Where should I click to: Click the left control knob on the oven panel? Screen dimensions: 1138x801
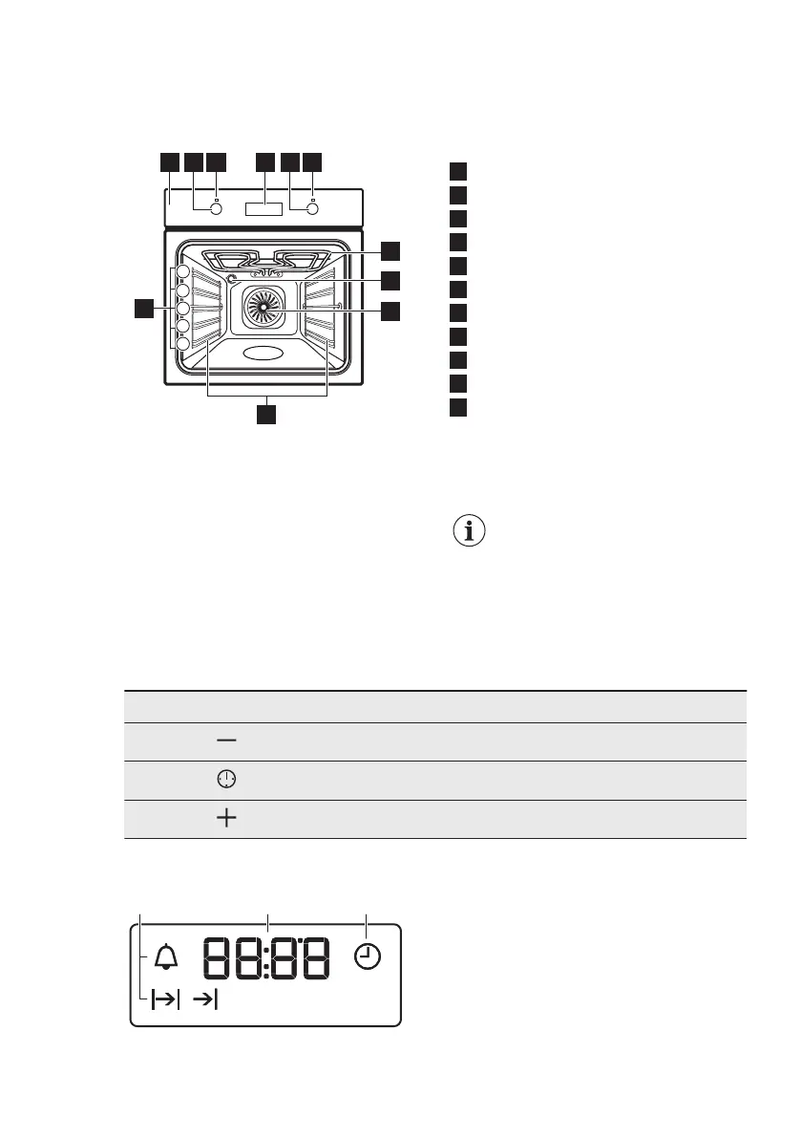pos(216,210)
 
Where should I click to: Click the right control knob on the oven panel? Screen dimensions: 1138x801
pos(312,210)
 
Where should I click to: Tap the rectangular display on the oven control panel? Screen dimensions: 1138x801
pos(263,209)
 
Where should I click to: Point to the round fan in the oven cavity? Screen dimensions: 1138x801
pos(263,308)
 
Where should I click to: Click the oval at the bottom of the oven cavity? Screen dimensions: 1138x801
pos(263,354)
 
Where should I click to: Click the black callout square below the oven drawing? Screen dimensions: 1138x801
pos(265,414)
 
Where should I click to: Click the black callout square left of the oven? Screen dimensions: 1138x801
pos(143,308)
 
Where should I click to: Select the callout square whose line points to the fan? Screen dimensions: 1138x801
pos(390,311)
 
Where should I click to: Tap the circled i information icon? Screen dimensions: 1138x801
pos(468,532)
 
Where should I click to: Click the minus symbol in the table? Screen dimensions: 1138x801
pos(226,741)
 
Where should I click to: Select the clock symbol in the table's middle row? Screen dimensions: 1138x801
pos(226,780)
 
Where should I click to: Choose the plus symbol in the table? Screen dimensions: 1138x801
pos(226,819)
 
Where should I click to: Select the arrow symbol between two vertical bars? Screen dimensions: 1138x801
pos(164,999)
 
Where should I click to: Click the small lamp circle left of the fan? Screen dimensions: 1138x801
pos(232,279)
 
